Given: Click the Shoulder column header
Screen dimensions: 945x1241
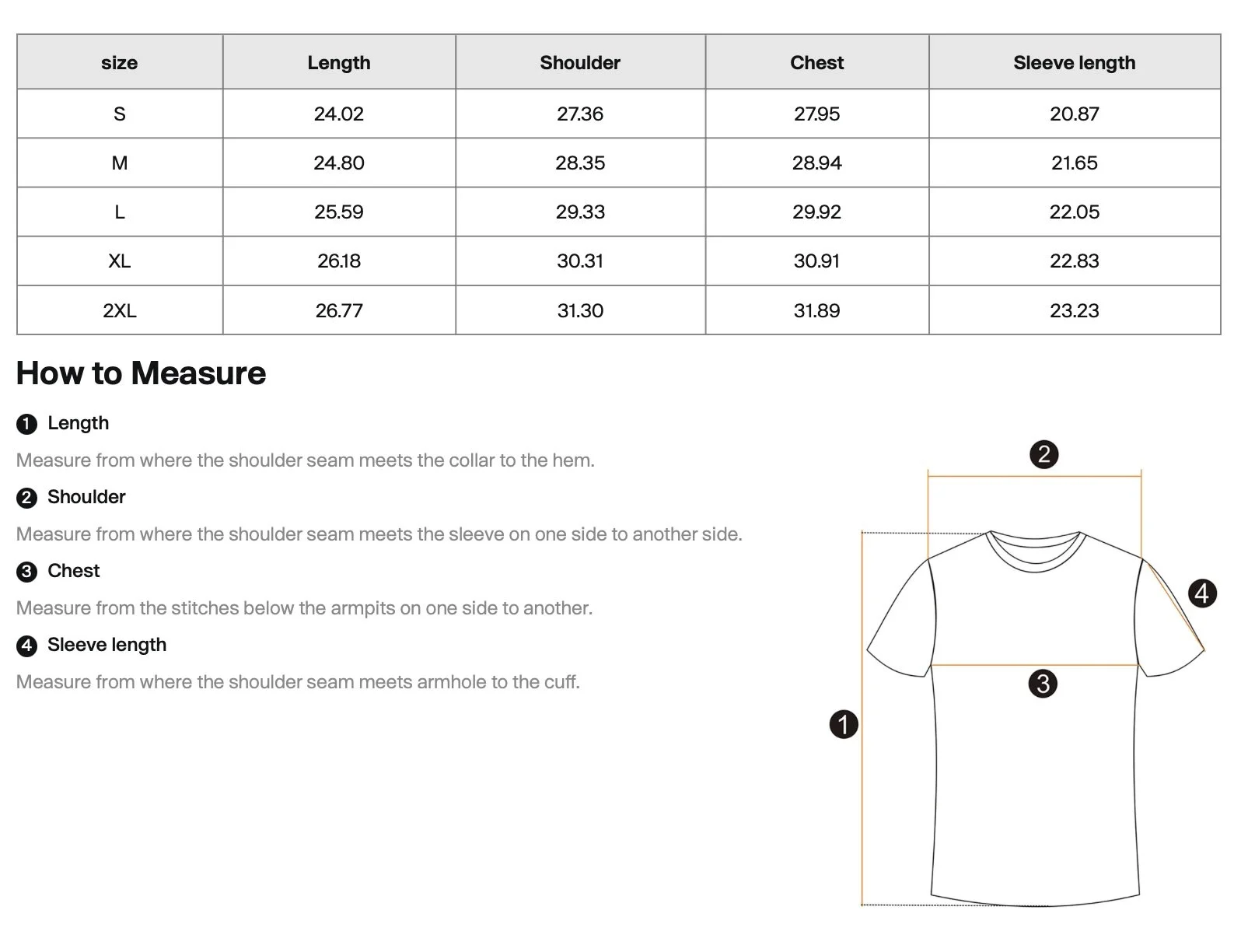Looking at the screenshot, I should (x=580, y=62).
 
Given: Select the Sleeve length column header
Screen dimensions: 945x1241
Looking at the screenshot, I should (x=1074, y=62).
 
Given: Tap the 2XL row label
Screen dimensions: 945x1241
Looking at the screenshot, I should (x=119, y=310).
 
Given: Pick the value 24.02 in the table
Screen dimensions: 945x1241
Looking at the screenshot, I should (x=338, y=114).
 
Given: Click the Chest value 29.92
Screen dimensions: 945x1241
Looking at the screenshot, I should (x=816, y=212).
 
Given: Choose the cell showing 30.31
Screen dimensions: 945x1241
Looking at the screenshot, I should (x=580, y=261).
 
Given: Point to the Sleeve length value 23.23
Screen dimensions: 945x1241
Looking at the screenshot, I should (x=1074, y=310).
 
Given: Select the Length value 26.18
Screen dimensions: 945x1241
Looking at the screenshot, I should (x=338, y=261).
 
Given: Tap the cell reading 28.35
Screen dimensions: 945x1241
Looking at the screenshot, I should (x=580, y=163).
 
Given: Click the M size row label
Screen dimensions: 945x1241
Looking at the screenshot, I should (x=119, y=163).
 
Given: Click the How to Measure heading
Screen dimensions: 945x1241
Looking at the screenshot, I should (x=141, y=373).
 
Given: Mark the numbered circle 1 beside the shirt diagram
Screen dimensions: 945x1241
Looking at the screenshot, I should (x=844, y=724).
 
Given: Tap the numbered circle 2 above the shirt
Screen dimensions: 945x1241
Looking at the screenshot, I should (x=1043, y=454).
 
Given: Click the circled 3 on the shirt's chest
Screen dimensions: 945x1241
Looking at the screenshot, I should (x=1043, y=684).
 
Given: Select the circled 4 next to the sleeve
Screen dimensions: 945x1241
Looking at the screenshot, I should (x=1202, y=593).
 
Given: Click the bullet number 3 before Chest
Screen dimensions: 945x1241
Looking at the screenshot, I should (x=26, y=572).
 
